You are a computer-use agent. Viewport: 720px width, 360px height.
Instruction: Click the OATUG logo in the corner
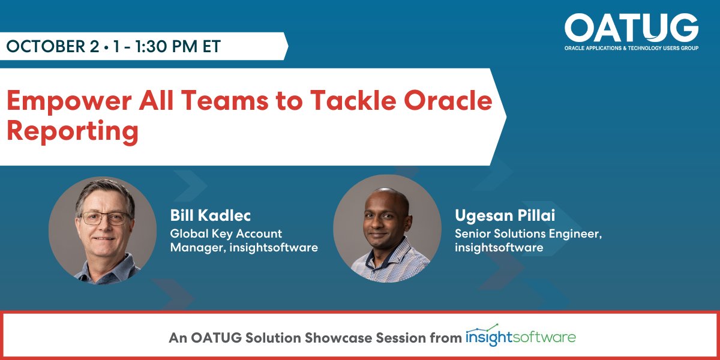[631, 31]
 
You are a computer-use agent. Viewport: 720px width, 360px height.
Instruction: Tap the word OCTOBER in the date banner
[53, 46]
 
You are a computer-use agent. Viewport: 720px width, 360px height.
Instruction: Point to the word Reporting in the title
[73, 132]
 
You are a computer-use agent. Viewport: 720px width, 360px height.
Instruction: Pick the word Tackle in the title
[353, 100]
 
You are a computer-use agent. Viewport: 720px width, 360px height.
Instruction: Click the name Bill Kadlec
[210, 215]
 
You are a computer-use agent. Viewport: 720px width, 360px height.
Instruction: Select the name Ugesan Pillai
[505, 215]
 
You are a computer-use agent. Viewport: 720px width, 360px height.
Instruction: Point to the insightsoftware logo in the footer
[521, 335]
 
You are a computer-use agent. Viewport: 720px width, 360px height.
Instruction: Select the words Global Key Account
[226, 233]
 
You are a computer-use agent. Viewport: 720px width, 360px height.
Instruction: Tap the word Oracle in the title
[448, 100]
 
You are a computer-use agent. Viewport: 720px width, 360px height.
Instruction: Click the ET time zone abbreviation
[211, 46]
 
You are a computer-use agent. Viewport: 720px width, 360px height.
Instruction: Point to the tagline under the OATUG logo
[632, 48]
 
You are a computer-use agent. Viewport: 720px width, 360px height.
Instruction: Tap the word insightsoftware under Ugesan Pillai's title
[499, 247]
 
